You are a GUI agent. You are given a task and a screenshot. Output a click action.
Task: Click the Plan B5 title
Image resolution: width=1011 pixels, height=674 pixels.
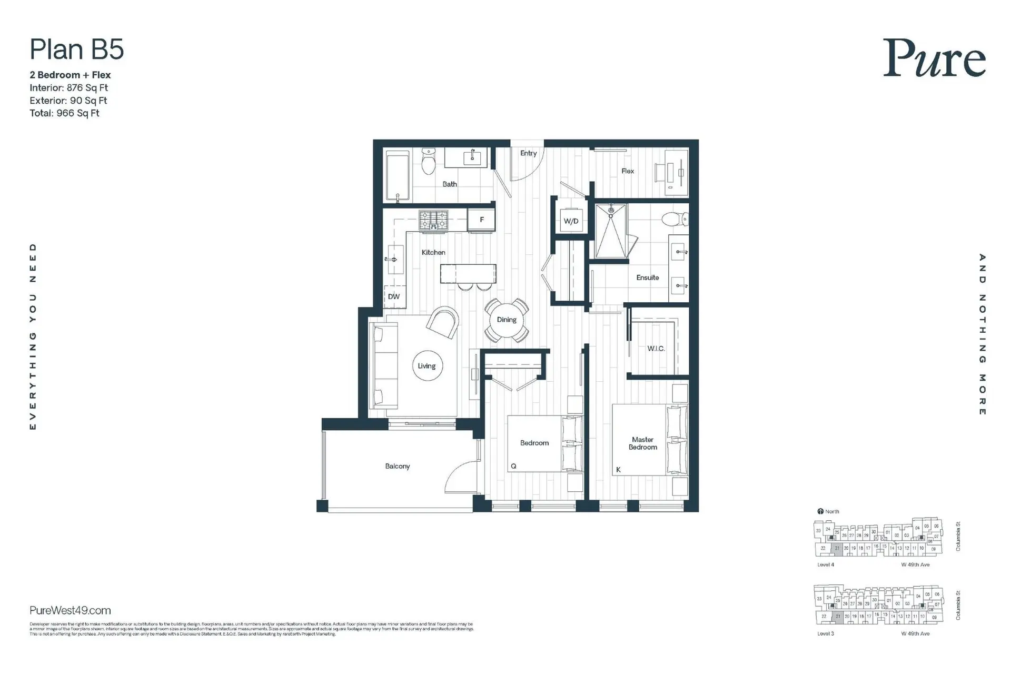[77, 50]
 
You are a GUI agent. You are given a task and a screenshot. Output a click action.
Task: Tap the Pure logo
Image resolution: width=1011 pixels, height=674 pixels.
[934, 59]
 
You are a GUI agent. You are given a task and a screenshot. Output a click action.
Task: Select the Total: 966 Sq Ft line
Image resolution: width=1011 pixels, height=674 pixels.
[64, 113]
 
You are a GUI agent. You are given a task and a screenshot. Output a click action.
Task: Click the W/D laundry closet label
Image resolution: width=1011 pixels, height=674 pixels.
[571, 221]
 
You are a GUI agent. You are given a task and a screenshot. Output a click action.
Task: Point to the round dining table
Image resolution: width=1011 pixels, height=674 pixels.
[507, 320]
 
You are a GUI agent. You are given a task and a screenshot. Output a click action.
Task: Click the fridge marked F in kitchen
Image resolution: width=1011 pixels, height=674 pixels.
[481, 220]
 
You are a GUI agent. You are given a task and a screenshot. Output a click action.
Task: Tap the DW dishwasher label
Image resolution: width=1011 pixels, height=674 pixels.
[394, 296]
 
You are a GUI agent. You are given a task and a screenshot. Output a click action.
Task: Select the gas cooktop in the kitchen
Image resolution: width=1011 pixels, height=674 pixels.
[433, 220]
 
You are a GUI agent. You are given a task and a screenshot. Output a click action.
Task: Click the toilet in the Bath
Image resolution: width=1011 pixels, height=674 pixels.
[429, 162]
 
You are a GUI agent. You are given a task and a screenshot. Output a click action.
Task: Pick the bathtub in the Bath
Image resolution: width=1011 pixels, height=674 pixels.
[398, 176]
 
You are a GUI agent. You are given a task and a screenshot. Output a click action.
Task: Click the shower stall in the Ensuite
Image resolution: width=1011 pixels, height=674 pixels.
[611, 232]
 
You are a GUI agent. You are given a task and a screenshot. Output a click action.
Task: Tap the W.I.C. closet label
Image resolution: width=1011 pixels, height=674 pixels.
[656, 349]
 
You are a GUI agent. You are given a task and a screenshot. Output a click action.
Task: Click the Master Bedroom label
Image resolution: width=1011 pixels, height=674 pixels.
[642, 443]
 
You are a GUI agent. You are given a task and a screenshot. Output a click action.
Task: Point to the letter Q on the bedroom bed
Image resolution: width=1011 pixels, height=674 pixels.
[513, 466]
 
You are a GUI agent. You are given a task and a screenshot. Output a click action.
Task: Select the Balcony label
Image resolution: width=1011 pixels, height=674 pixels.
[397, 466]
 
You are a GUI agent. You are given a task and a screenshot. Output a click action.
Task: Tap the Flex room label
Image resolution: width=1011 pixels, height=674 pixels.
[627, 171]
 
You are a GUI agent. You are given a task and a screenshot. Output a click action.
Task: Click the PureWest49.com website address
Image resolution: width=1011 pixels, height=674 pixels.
[70, 610]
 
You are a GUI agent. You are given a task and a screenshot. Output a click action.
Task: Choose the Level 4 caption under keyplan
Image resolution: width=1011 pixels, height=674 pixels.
[825, 564]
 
